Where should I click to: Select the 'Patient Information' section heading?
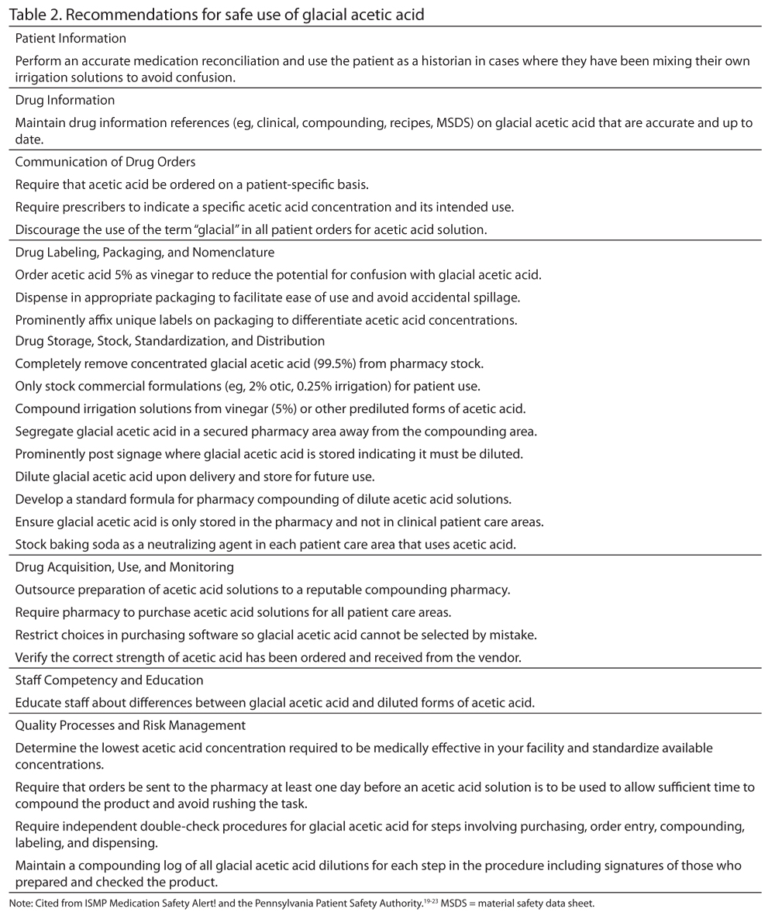point(71,38)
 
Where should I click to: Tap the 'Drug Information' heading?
point(65,100)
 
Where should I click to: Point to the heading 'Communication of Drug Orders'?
point(105,162)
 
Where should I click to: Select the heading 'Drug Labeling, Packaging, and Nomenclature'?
point(144,252)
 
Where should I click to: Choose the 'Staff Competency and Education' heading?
point(109,680)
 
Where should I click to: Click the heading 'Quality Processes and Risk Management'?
point(130,725)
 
